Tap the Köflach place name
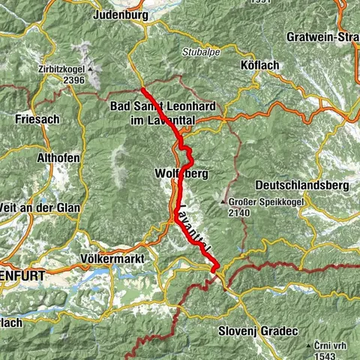261,66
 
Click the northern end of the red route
142,90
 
